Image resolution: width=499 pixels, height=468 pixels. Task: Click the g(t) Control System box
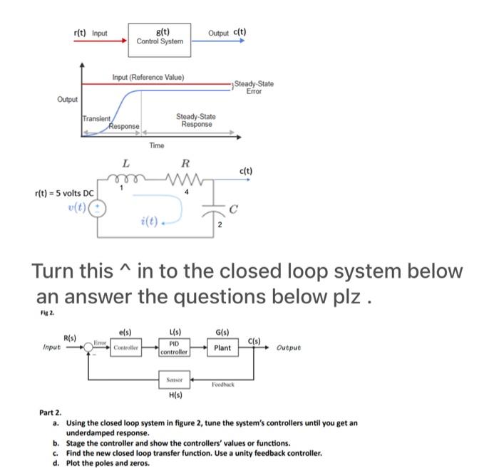point(161,35)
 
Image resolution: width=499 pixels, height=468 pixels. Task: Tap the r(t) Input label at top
point(91,32)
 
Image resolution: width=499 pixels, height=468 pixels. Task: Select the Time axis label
point(156,145)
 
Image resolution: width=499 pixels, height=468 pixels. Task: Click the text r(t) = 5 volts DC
point(64,193)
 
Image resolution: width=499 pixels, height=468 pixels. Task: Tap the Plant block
point(222,348)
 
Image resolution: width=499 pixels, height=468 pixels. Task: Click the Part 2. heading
point(51,412)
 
